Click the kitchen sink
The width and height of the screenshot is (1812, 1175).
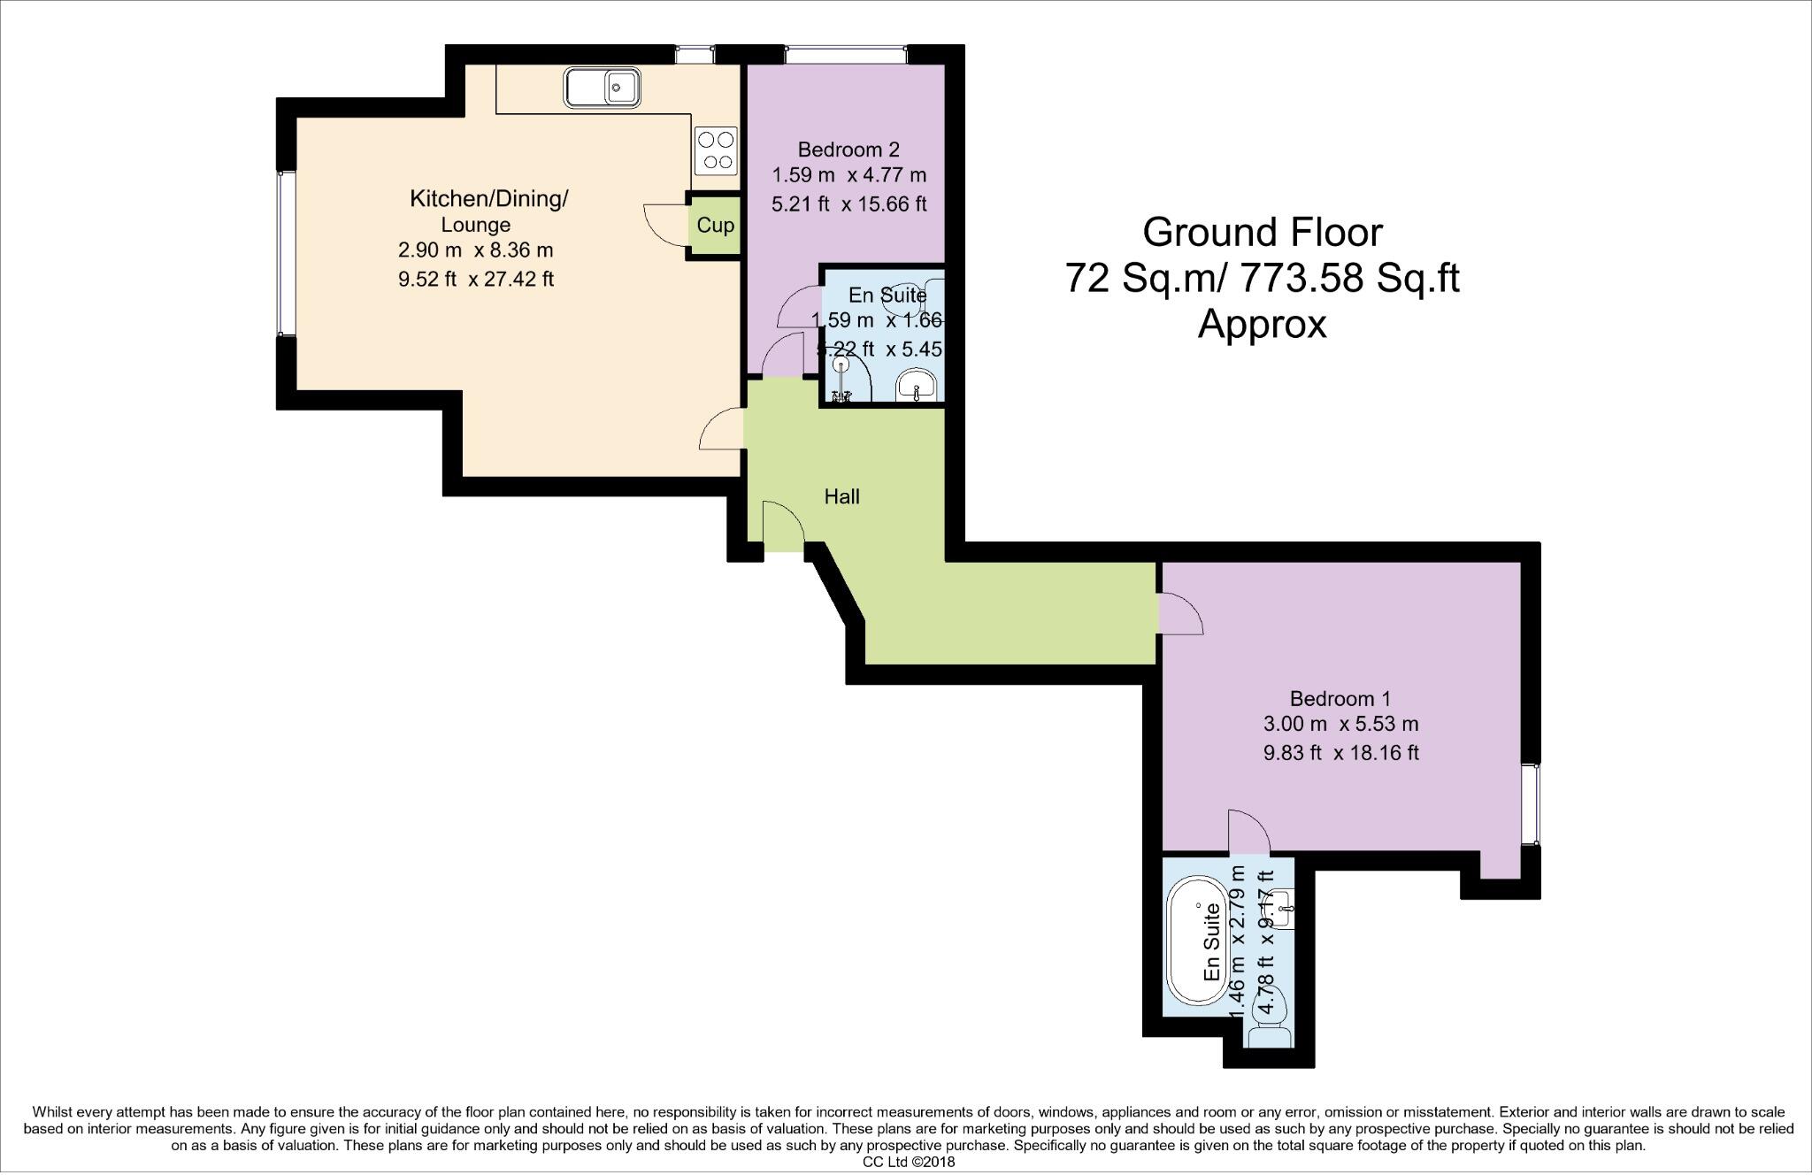point(602,87)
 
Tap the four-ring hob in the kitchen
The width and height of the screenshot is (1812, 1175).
point(716,151)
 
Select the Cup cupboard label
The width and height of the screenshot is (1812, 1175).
point(715,225)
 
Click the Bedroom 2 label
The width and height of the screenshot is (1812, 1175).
point(848,149)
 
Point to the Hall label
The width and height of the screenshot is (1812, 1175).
point(841,496)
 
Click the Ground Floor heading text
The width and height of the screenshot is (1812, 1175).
point(1262,232)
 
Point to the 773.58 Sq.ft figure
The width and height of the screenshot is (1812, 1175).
point(1350,278)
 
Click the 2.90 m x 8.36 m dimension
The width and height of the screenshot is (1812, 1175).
point(475,250)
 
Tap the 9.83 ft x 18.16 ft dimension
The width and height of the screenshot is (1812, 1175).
point(1340,753)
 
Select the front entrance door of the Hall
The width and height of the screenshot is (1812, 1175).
point(782,527)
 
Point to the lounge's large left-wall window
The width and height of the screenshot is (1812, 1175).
point(282,254)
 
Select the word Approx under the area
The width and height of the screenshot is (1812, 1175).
point(1262,325)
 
